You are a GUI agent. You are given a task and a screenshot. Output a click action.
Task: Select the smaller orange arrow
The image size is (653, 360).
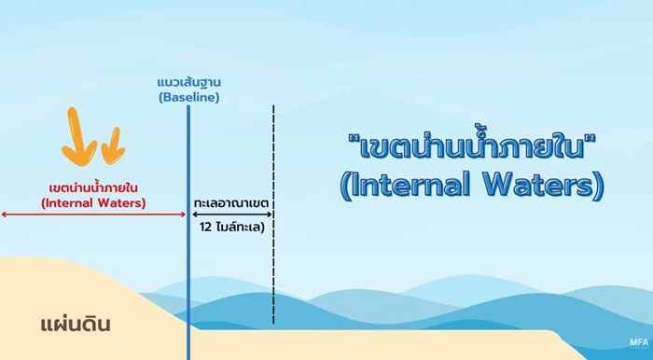113,144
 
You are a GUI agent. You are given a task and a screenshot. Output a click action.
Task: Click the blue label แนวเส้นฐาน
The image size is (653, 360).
188,81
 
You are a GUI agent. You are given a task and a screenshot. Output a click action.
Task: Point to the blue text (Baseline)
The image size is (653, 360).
188,96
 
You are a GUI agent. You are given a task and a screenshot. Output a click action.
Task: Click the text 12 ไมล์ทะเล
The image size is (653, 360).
231,227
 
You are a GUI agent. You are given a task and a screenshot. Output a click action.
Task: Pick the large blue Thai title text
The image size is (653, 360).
471,146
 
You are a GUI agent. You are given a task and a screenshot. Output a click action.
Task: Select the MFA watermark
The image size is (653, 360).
638,341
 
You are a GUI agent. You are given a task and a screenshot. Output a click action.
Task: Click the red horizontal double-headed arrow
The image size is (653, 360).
93,215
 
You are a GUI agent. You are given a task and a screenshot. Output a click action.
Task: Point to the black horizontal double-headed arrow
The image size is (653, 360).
231,215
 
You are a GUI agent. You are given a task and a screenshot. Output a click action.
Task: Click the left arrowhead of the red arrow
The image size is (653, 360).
5,215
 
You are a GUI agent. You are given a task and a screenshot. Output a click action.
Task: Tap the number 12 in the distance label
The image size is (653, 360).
205,227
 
